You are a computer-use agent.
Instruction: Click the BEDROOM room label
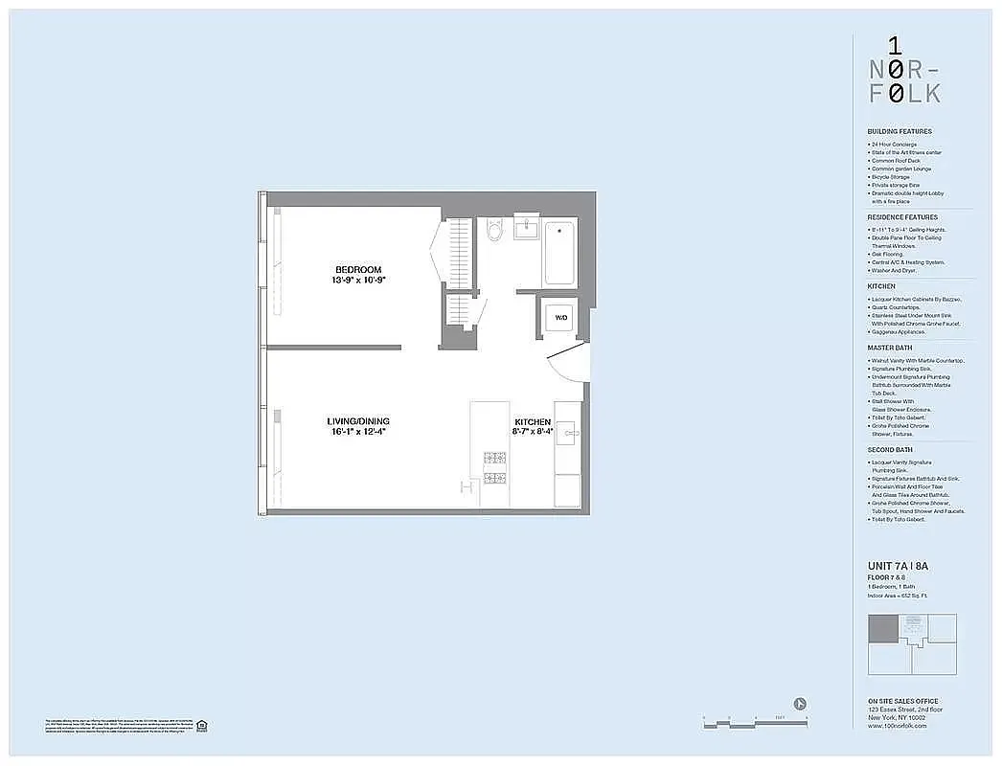click(x=358, y=269)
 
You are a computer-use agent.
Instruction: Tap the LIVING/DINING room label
click(x=358, y=421)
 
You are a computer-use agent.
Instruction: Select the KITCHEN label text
click(x=533, y=422)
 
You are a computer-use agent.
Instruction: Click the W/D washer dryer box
click(x=560, y=317)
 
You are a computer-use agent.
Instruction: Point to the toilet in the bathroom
click(x=495, y=230)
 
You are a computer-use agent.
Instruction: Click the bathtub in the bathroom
click(x=560, y=253)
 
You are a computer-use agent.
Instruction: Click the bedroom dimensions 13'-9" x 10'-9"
click(x=358, y=281)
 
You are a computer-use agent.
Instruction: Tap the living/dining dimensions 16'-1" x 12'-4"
click(x=358, y=433)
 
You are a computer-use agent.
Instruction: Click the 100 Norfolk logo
click(x=904, y=69)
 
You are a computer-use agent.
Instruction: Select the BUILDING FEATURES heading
click(x=899, y=131)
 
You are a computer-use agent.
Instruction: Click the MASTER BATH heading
click(x=890, y=349)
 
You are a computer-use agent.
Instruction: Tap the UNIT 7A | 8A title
click(x=898, y=567)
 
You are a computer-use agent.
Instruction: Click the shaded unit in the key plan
click(x=883, y=628)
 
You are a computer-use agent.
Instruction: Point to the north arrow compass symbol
click(x=801, y=702)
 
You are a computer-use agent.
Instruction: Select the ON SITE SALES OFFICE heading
click(x=902, y=701)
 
